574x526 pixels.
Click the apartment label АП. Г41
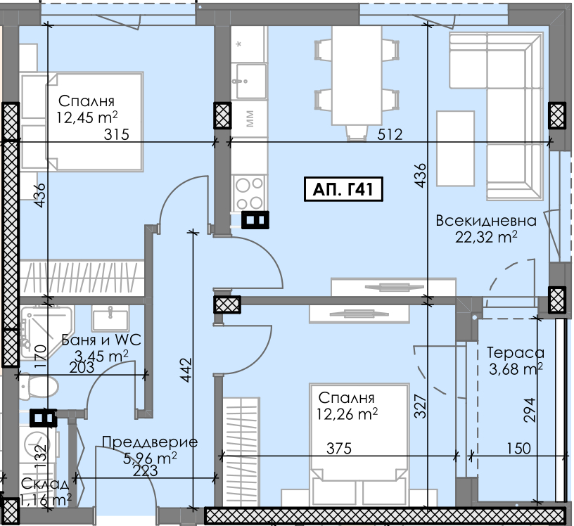click(x=343, y=189)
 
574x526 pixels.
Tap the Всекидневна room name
click(x=486, y=221)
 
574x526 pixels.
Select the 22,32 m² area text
click(x=486, y=237)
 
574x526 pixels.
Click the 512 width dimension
click(x=390, y=134)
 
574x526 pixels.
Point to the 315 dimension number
click(x=116, y=134)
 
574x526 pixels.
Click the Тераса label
click(x=516, y=353)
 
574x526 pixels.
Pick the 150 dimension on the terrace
click(x=518, y=448)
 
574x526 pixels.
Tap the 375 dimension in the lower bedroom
click(x=339, y=448)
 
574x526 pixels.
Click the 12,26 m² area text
click(x=347, y=414)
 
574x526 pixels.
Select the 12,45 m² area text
click(x=87, y=117)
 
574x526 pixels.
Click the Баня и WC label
click(x=101, y=340)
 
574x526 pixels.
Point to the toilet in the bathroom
click(x=39, y=387)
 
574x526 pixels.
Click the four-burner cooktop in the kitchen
click(x=249, y=193)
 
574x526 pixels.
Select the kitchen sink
click(x=251, y=82)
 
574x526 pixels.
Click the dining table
click(x=357, y=75)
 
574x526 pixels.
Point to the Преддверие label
click(x=150, y=442)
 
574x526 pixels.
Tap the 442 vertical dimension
click(x=186, y=370)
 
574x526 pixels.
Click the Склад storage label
click(x=44, y=484)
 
